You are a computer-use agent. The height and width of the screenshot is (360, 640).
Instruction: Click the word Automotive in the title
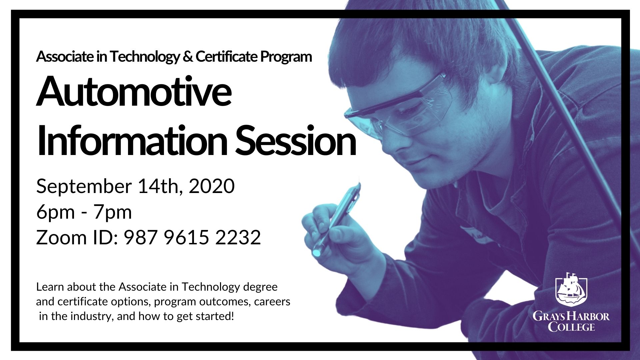pyautogui.click(x=134, y=91)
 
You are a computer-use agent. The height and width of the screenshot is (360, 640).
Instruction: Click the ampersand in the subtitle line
pyautogui.click(x=188, y=57)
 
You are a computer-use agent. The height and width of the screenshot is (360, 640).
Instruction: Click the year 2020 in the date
pyautogui.click(x=212, y=186)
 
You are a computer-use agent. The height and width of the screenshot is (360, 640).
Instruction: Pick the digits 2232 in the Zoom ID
pyautogui.click(x=238, y=237)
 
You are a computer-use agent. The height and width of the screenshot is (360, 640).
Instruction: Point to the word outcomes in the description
pyautogui.click(x=225, y=302)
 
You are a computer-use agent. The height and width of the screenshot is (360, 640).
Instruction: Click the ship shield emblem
pyautogui.click(x=571, y=289)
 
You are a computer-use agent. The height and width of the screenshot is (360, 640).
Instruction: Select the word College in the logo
pyautogui.click(x=571, y=327)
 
